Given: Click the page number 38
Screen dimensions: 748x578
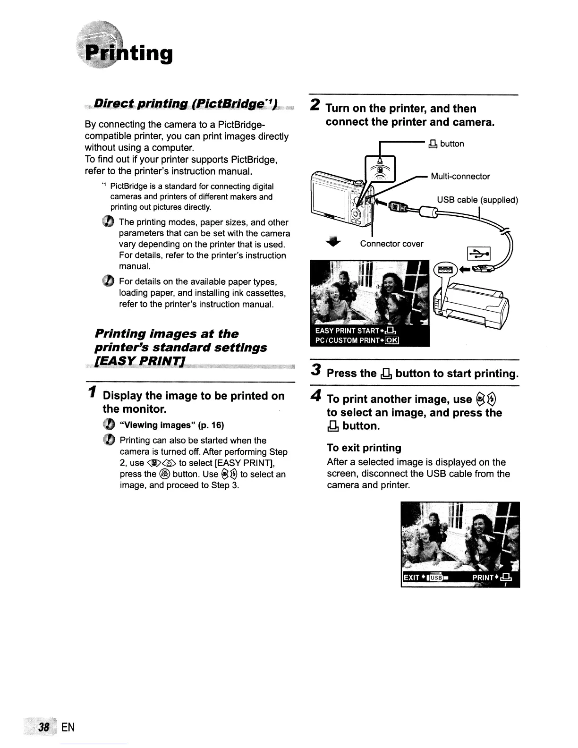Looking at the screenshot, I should (x=45, y=726).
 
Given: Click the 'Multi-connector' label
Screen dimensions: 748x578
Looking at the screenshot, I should (x=460, y=177).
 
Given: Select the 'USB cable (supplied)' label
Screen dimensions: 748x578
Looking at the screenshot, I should (x=477, y=200).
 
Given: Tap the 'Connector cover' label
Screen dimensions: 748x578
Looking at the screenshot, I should (x=391, y=244).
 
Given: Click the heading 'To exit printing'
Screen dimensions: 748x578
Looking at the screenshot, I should (x=364, y=448).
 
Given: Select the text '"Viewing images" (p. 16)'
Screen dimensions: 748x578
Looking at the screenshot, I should (x=172, y=425).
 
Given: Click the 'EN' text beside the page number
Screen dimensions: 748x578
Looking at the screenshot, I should (x=68, y=727).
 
